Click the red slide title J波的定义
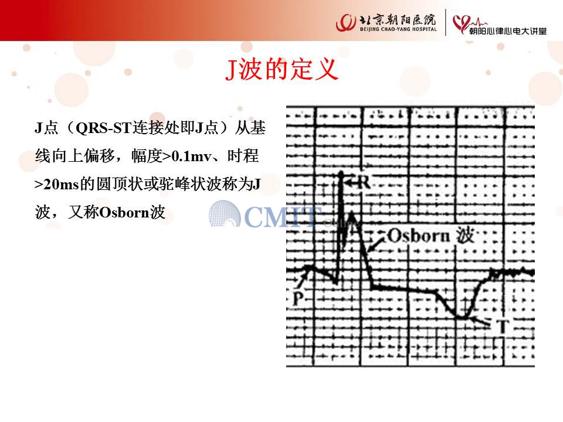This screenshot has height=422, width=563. click(x=282, y=69)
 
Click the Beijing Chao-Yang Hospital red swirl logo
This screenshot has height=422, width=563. click(x=346, y=23)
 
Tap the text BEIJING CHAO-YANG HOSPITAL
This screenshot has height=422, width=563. click(x=398, y=29)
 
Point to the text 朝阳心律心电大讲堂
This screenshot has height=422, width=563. click(x=508, y=31)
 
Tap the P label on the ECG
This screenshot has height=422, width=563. click(x=298, y=298)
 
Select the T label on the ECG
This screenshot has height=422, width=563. click(x=502, y=326)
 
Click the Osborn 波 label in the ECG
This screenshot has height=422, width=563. click(x=430, y=236)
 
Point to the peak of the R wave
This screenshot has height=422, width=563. click(x=341, y=172)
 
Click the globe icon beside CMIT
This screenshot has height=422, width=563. click(x=225, y=214)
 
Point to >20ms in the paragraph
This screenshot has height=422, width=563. click(x=57, y=185)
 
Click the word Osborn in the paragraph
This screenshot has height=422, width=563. click(x=124, y=212)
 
